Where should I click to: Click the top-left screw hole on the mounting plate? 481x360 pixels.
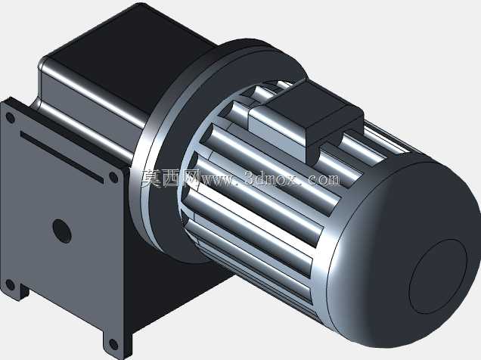click(10, 118)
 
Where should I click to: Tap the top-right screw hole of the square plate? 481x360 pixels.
click(113, 178)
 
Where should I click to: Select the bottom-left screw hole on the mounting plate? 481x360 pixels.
click(10, 285)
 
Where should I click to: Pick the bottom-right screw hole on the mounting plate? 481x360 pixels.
click(113, 344)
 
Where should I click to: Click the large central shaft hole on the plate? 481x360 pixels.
click(62, 231)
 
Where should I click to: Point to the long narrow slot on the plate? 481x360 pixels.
click(62, 157)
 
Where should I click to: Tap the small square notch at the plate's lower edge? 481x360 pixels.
click(24, 291)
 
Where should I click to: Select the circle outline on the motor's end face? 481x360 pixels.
click(438, 277)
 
